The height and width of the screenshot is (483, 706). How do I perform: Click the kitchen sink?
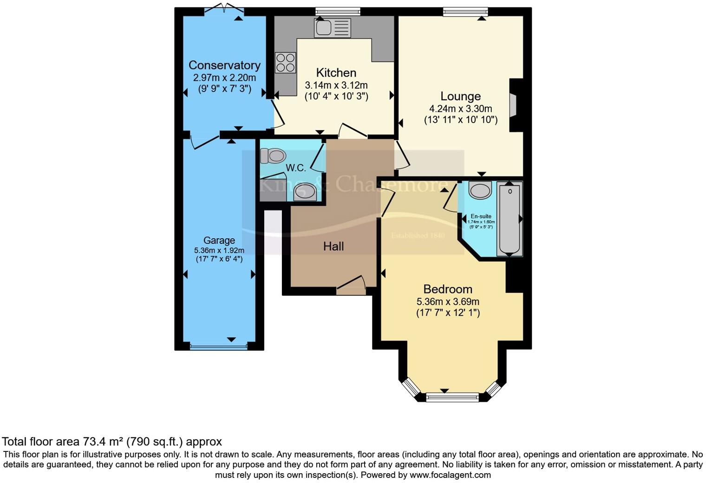point(332,27)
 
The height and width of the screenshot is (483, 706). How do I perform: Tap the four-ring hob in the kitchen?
point(285,63)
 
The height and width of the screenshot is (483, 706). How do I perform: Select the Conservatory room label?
point(224,65)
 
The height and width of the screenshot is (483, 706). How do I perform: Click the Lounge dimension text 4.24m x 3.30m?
point(460,109)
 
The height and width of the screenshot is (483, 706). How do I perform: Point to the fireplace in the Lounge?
point(514,105)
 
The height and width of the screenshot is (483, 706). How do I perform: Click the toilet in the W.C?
point(273,156)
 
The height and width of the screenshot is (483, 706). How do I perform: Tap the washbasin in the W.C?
point(305,191)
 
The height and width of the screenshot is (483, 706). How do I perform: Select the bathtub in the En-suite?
point(510,219)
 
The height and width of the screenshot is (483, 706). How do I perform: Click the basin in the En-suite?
point(480,190)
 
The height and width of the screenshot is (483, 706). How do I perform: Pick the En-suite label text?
point(481,216)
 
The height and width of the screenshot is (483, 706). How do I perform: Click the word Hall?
point(333,246)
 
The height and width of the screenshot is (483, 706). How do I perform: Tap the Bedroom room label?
point(448,289)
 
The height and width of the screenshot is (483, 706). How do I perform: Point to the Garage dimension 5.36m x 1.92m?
point(219,250)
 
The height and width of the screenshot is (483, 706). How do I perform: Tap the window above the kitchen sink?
point(338,12)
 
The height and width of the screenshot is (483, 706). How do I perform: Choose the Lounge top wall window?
point(465,12)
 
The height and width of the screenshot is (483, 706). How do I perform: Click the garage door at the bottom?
point(219,346)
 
